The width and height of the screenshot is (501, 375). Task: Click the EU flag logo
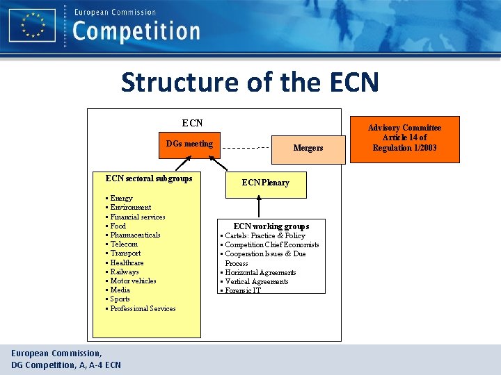[33, 26]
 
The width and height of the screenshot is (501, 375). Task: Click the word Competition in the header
[136, 31]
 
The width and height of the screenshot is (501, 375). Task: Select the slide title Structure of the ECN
[250, 82]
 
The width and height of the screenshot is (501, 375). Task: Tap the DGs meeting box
[189, 144]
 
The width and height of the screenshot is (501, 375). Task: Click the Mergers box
[308, 148]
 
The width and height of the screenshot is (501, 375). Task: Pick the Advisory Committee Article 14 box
[404, 138]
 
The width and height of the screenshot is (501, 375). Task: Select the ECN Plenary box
[265, 183]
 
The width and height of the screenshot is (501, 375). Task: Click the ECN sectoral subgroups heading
[148, 178]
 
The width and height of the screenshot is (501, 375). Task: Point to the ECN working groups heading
[271, 226]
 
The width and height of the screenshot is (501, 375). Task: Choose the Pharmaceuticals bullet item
[134, 235]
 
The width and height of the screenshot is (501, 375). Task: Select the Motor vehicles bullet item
[132, 281]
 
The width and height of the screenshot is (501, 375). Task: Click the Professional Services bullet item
[142, 308]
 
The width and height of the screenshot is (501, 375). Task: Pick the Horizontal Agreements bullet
[260, 272]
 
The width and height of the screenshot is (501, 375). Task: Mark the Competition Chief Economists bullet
[271, 244]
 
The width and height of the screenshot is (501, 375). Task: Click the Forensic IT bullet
[242, 290]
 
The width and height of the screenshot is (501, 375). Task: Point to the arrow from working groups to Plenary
[259, 207]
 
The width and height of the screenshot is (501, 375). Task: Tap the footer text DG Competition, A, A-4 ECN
[66, 365]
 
